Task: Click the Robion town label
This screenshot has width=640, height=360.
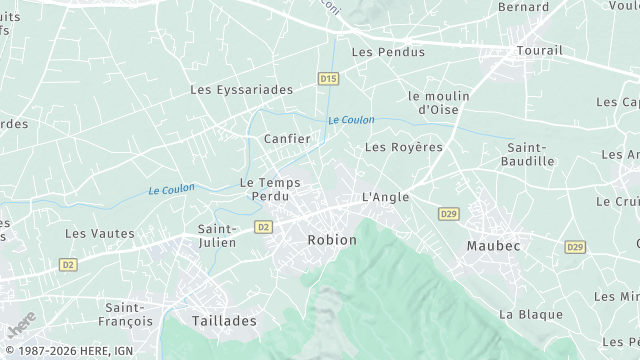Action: (x=332, y=240)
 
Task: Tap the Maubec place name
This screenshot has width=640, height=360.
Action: (x=494, y=245)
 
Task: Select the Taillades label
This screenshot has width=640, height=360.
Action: (x=223, y=322)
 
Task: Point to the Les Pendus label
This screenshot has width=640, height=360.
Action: (x=388, y=52)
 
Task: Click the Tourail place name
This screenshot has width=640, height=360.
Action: (x=540, y=50)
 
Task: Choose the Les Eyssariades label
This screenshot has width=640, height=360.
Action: (x=242, y=90)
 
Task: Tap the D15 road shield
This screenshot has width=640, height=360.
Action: (x=328, y=78)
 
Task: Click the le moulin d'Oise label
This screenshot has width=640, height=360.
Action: (x=439, y=102)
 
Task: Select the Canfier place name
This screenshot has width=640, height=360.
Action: (x=287, y=139)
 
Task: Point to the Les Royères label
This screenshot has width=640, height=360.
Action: (x=403, y=147)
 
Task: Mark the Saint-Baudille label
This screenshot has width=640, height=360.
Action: (x=531, y=154)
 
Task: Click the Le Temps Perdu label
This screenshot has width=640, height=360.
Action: (x=270, y=189)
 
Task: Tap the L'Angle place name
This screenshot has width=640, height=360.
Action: (x=385, y=197)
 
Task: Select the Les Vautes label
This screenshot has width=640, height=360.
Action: (x=100, y=234)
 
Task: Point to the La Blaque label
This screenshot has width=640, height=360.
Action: (x=531, y=314)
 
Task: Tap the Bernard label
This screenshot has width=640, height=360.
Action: (x=523, y=7)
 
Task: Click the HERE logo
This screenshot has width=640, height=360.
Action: (x=21, y=326)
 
